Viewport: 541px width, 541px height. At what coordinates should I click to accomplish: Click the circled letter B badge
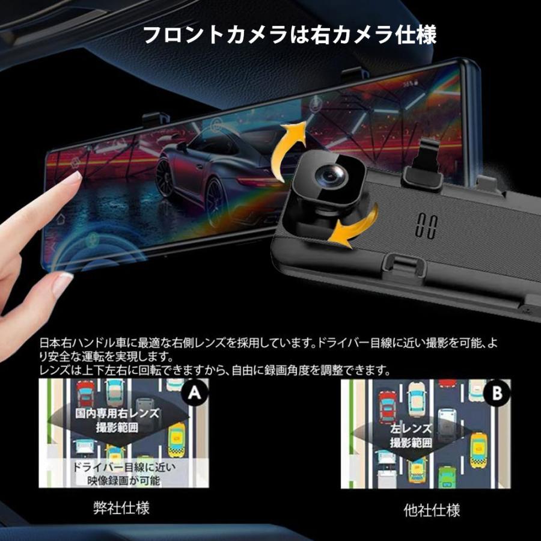[497, 394]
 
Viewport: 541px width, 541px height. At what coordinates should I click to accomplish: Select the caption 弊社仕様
[121, 509]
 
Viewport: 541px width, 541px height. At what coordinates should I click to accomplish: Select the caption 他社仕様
[432, 510]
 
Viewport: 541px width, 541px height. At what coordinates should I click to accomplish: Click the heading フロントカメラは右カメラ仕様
[289, 34]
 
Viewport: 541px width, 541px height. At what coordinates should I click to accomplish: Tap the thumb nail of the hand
[63, 283]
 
